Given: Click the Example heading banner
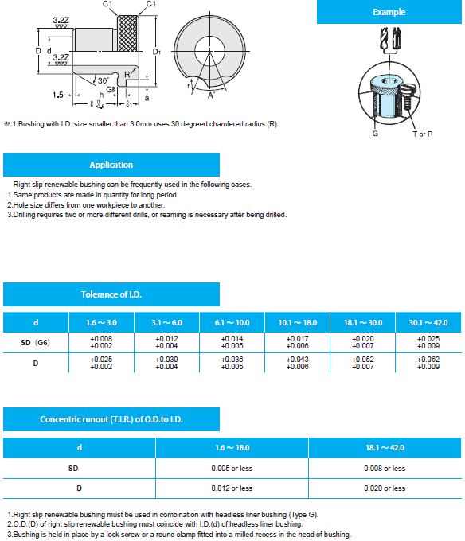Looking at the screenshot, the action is (x=389, y=12).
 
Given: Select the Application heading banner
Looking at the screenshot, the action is (x=111, y=165).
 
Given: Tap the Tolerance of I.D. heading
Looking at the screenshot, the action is (x=111, y=294).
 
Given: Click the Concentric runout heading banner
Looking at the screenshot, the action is (x=111, y=419).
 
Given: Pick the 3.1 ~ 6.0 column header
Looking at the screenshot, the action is (x=166, y=322).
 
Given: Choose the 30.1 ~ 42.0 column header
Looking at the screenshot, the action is (x=428, y=322).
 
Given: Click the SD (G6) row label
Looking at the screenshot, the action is (x=36, y=343).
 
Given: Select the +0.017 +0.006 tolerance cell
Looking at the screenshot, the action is (x=298, y=342).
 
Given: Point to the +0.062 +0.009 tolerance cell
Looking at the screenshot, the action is (x=428, y=363).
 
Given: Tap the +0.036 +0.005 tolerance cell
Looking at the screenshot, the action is (x=232, y=363).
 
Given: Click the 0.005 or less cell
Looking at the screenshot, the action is (x=232, y=468).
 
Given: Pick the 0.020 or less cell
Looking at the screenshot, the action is (x=385, y=488).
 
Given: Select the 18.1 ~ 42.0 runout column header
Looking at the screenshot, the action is (x=385, y=447).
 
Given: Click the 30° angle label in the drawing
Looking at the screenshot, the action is (x=103, y=80).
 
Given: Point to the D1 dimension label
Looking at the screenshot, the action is (x=156, y=52).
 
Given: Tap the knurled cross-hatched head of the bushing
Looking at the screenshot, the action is (x=128, y=33).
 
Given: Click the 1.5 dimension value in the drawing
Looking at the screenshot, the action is (x=57, y=95).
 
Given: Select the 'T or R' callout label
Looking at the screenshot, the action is (x=423, y=134).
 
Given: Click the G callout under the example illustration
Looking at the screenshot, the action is (x=375, y=134).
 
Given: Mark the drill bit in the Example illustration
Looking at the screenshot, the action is (x=383, y=39).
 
